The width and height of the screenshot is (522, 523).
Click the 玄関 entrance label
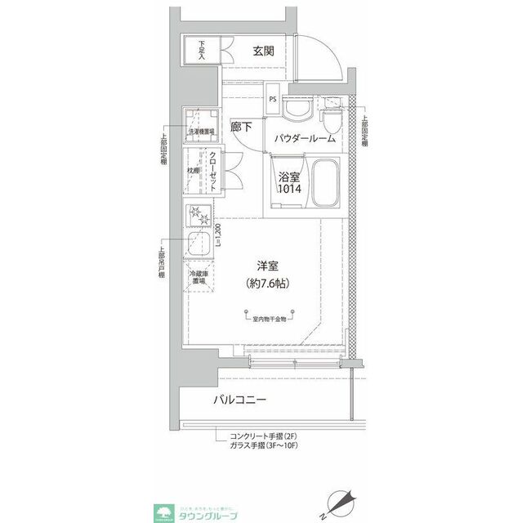[263, 51]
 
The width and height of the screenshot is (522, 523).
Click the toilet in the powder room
[332, 119]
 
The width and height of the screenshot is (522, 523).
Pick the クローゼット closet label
[213, 171]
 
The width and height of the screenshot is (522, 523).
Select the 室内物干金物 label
[265, 319]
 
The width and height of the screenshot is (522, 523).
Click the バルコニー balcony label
[241, 400]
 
